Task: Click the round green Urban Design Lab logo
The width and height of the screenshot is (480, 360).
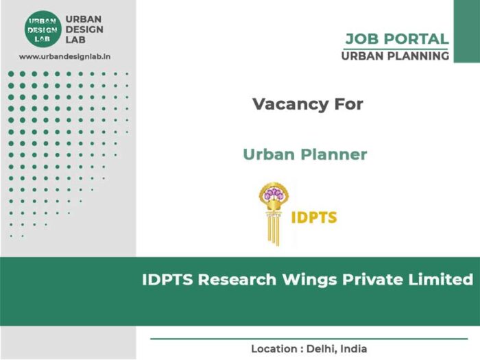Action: point(43,29)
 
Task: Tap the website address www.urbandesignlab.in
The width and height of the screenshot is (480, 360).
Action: point(64,57)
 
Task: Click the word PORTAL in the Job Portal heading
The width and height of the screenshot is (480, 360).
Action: point(416,39)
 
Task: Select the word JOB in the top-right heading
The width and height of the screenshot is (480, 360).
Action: point(363,39)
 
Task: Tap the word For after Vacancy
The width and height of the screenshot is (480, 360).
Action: point(348,104)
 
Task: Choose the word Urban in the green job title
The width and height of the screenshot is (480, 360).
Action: point(269,154)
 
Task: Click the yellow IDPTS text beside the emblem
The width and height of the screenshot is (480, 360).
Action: point(314,217)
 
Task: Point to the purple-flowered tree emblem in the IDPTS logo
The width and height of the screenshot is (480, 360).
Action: point(274,195)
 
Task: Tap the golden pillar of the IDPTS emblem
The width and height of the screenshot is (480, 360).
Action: point(274,228)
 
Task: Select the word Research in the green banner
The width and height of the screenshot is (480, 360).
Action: point(237,280)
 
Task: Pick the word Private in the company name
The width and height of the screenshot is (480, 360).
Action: point(372,280)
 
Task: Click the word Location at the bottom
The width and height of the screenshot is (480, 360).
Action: point(274,348)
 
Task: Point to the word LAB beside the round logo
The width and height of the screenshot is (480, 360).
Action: point(75,40)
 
